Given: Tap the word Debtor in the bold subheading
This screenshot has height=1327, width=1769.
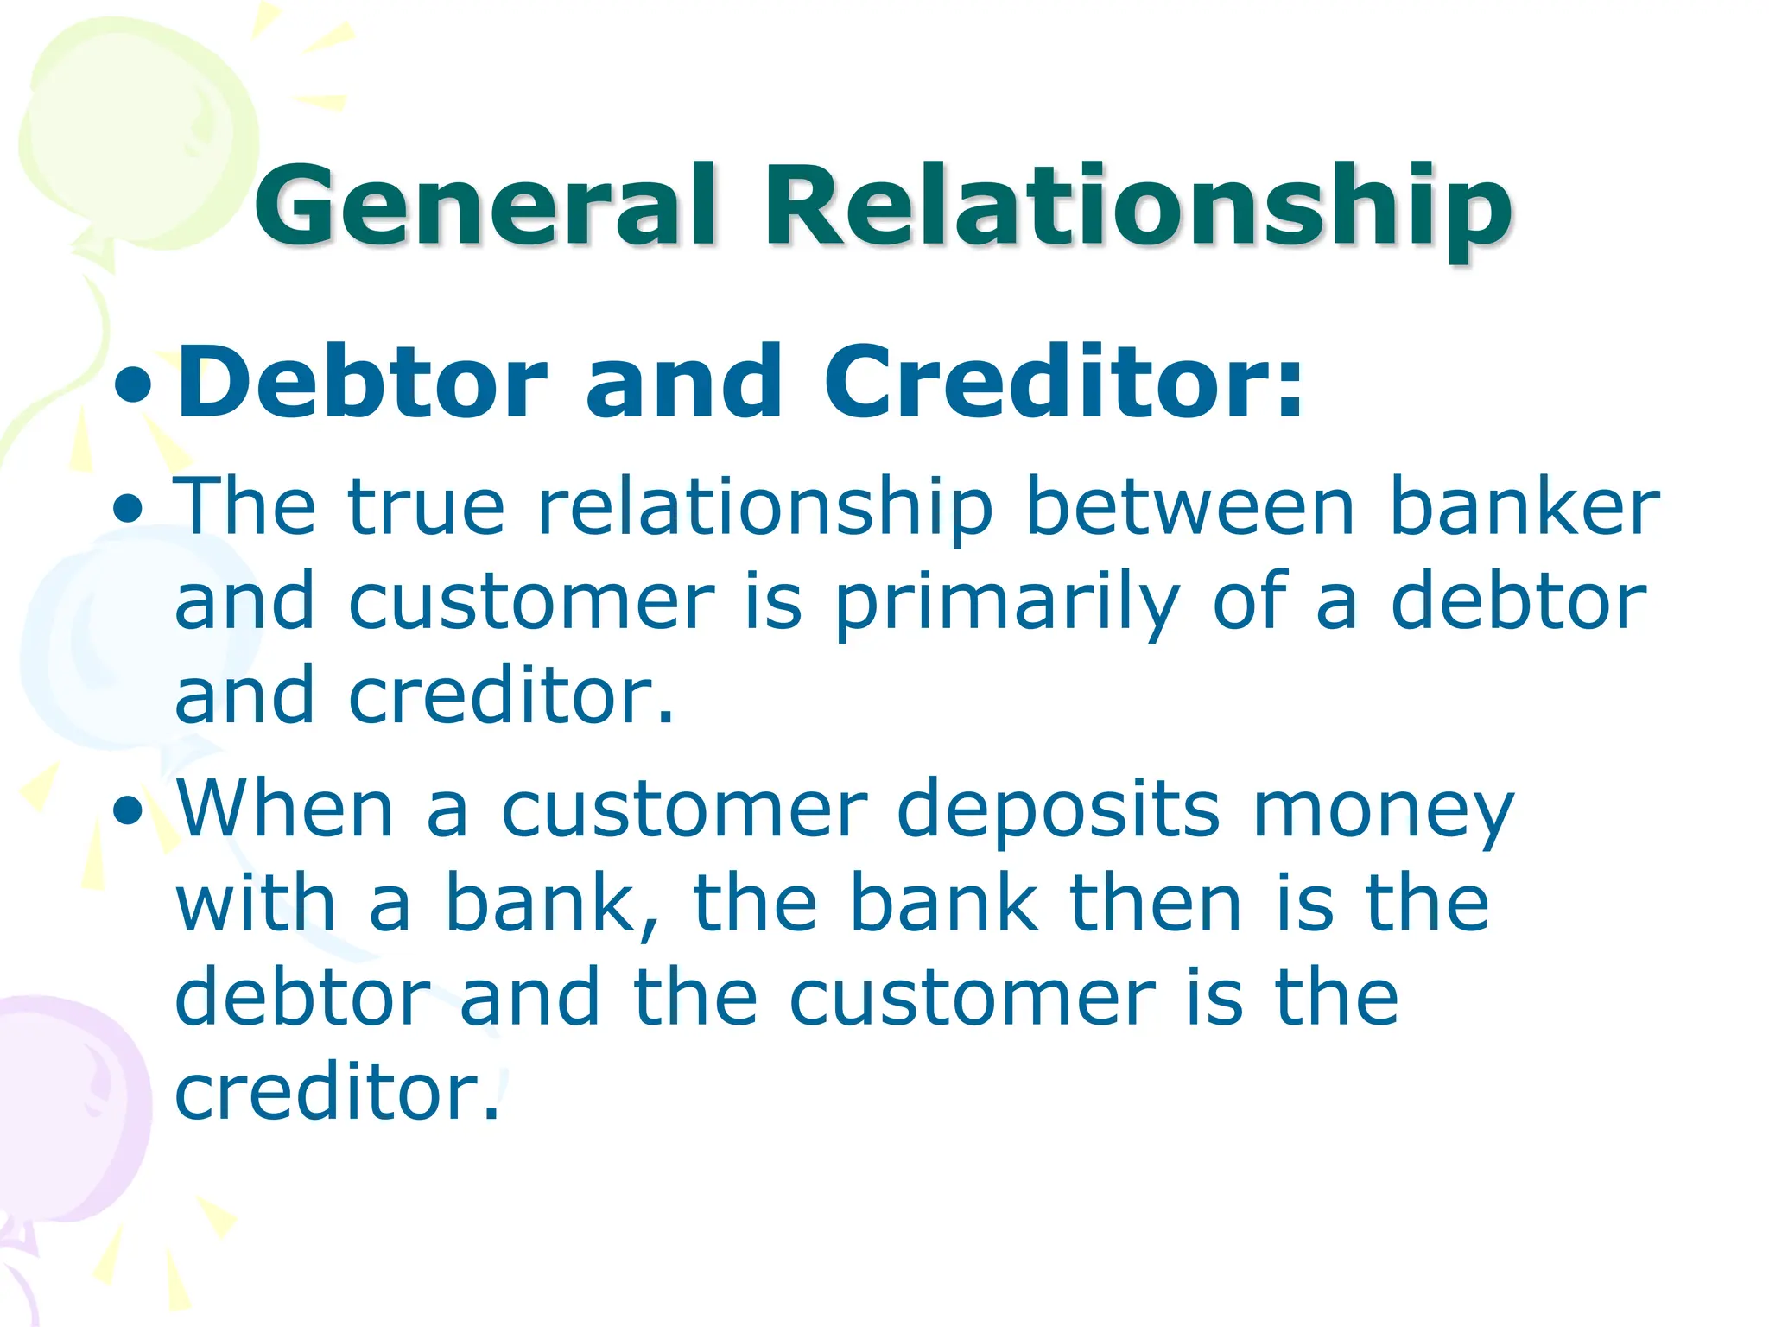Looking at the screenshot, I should pyautogui.click(x=362, y=381).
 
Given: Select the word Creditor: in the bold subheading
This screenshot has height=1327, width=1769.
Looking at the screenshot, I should pyautogui.click(x=1062, y=381).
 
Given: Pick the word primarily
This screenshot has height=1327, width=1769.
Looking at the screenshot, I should pyautogui.click(x=1006, y=605).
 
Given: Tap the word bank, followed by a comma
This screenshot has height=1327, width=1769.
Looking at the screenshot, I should pyautogui.click(x=553, y=905).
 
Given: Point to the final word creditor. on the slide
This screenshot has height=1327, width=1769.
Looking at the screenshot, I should pyautogui.click(x=337, y=1093).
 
